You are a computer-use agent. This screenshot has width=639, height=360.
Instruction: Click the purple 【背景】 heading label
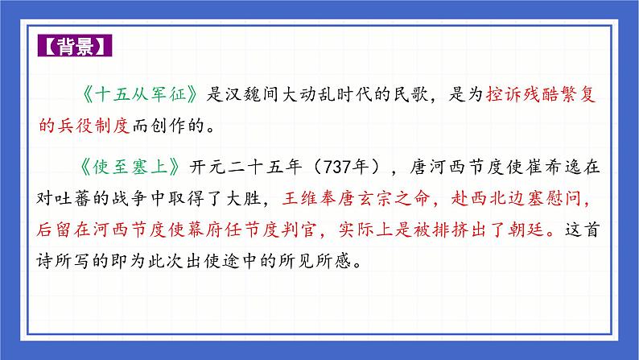75,46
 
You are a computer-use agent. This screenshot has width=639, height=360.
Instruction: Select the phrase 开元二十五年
249,167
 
